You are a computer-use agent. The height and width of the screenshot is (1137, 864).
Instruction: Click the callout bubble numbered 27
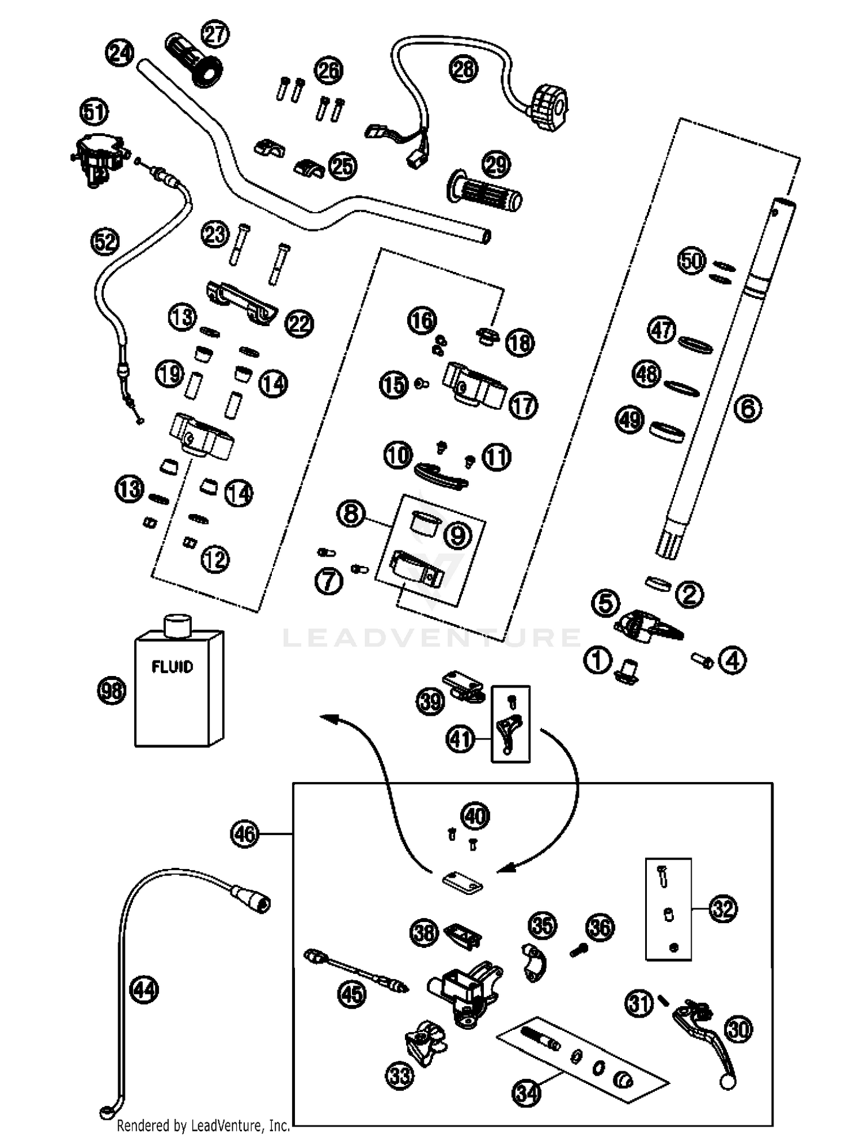coord(215,35)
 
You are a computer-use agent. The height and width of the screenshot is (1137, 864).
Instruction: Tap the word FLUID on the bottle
coord(172,667)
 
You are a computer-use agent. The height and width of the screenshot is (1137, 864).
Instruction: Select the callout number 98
coord(111,690)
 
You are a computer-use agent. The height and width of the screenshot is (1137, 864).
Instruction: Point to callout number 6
coord(748,409)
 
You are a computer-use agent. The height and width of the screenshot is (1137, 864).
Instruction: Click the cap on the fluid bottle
coord(177,625)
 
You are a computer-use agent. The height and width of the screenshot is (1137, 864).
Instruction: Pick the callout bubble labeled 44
coord(144,991)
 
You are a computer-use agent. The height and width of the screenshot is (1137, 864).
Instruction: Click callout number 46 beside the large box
coord(245,833)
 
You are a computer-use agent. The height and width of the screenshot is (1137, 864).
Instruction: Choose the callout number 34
coord(527,1093)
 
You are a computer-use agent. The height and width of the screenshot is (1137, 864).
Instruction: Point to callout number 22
coord(300,324)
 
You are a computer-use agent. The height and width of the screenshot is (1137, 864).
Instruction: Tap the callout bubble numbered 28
coord(464,70)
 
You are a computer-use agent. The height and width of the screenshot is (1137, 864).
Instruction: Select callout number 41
coord(461,739)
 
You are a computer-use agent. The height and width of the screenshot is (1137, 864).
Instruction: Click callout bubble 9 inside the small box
coord(458,536)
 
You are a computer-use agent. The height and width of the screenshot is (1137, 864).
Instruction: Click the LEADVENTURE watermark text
coord(432,638)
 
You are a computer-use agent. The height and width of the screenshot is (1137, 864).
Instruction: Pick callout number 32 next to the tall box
coord(723,909)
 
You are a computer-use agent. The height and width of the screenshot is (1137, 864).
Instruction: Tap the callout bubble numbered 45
coord(353,994)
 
